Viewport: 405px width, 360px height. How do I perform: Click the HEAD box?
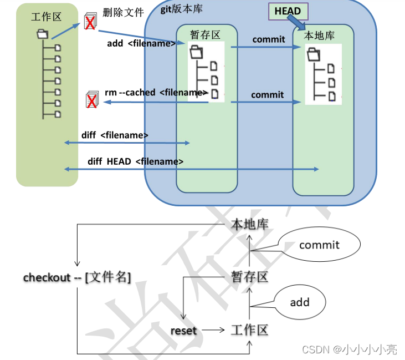[288, 12]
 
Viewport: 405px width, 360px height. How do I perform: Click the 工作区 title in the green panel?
[46, 17]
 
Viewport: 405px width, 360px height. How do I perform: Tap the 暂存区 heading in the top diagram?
[205, 35]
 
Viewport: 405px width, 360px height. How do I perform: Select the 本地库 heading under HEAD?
[320, 35]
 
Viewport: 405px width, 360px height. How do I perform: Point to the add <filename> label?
[141, 43]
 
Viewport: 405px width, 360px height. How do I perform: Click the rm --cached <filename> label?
[156, 93]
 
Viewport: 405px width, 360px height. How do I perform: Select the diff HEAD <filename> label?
[136, 161]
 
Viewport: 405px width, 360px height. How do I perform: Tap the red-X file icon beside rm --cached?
[92, 100]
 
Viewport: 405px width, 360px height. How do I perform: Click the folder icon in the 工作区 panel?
[43, 34]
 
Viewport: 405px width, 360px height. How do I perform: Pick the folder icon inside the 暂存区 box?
[196, 53]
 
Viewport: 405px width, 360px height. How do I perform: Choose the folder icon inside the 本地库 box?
[314, 54]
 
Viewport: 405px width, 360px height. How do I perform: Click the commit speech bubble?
[319, 245]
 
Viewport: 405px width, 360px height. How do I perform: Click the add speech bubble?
[300, 302]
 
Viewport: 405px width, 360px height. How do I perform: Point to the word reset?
[183, 331]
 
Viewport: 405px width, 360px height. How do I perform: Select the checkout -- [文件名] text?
[77, 277]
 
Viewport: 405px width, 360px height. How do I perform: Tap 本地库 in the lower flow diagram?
[249, 225]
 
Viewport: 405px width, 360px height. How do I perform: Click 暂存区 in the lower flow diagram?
[249, 277]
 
